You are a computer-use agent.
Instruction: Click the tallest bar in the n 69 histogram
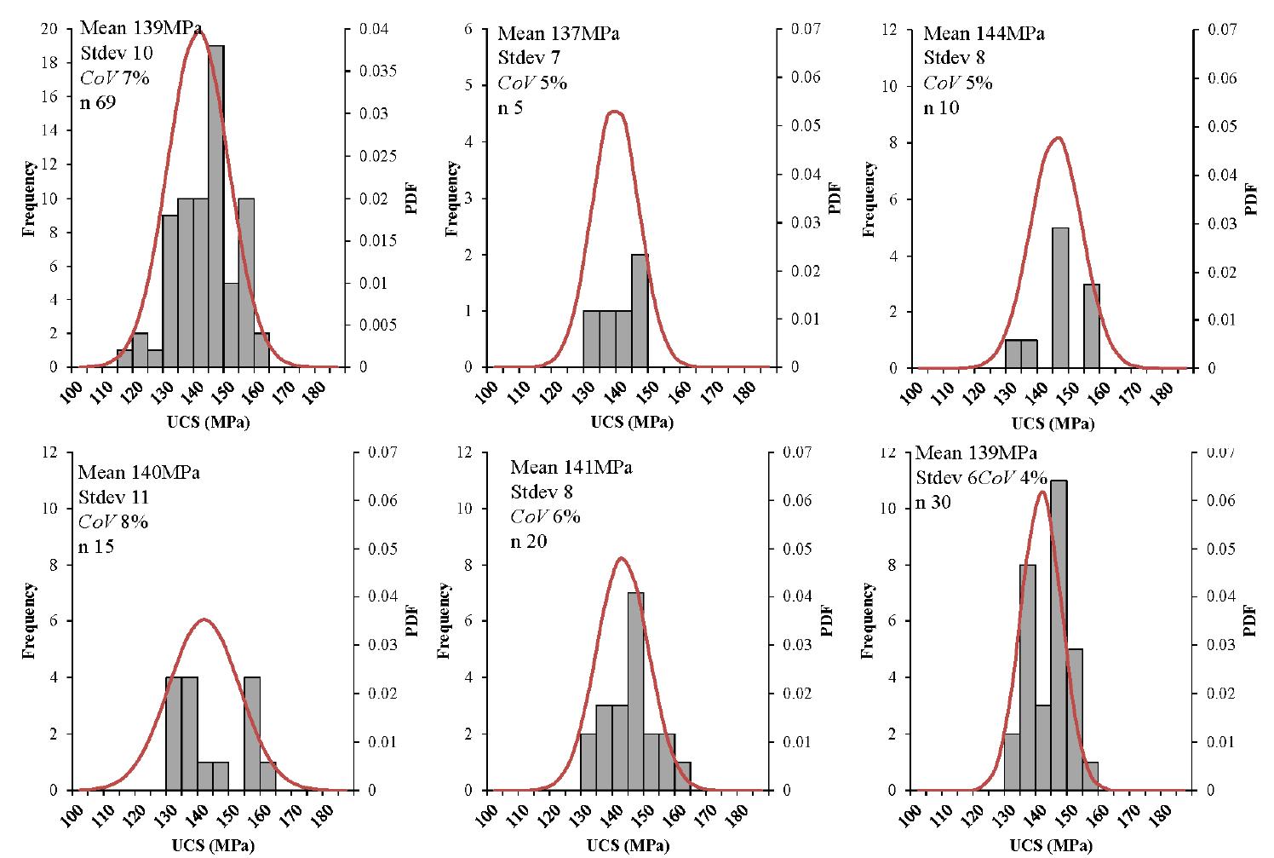pyautogui.click(x=215, y=204)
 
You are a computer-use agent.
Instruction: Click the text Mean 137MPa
pyautogui.click(x=559, y=34)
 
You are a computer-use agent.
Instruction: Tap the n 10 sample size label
pyautogui.click(x=941, y=108)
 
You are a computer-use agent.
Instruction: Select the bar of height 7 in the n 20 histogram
pyautogui.click(x=635, y=690)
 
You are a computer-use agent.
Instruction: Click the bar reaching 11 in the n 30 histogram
pyautogui.click(x=1059, y=635)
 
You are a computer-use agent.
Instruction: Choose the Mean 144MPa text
pyautogui.click(x=984, y=34)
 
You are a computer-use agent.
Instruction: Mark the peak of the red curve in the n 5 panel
pyautogui.click(x=614, y=112)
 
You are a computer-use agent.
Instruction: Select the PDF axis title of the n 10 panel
pyautogui.click(x=1251, y=198)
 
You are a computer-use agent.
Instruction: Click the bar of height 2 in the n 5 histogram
pyautogui.click(x=640, y=310)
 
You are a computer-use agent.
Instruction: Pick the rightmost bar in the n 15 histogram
pyautogui.click(x=267, y=775)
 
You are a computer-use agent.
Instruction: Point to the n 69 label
pyautogui.click(x=99, y=103)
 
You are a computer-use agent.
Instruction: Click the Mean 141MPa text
pyautogui.click(x=571, y=468)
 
